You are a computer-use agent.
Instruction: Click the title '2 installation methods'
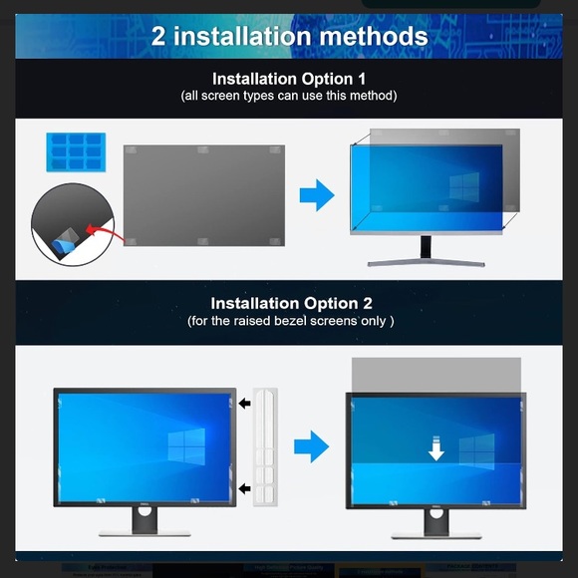289,37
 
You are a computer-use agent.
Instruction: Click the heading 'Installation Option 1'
288,78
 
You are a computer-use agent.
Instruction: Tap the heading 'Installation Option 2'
289,303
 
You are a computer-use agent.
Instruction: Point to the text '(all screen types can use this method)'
289,96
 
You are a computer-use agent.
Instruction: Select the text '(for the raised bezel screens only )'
290,321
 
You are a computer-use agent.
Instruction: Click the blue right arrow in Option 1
317,195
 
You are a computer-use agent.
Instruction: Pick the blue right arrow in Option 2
312,446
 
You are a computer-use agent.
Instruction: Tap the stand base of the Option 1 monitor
426,263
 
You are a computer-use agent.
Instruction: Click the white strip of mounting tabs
265,445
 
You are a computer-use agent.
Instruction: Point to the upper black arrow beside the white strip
245,404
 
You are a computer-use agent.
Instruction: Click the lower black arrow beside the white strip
245,488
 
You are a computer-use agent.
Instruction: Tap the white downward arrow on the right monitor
436,450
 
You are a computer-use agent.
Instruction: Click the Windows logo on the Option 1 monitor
463,186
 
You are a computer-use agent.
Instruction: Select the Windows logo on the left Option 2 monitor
186,444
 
